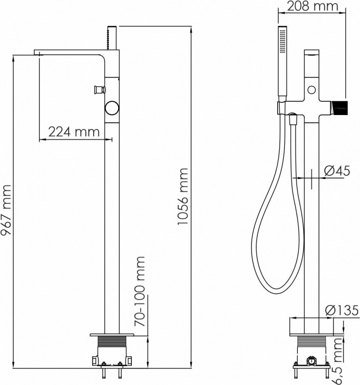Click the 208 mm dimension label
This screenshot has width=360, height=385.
coord(312,6)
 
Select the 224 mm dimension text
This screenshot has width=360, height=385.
coord(74,132)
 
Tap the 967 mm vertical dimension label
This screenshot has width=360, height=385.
coord(6,210)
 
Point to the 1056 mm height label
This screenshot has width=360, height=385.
coord(183,196)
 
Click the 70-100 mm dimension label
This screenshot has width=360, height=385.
coord(140,291)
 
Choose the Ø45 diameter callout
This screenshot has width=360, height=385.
coord(337,171)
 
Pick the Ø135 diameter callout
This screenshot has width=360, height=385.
coord(342,310)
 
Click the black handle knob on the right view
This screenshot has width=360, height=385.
coord(340,108)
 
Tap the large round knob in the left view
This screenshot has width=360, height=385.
coord(112,108)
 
